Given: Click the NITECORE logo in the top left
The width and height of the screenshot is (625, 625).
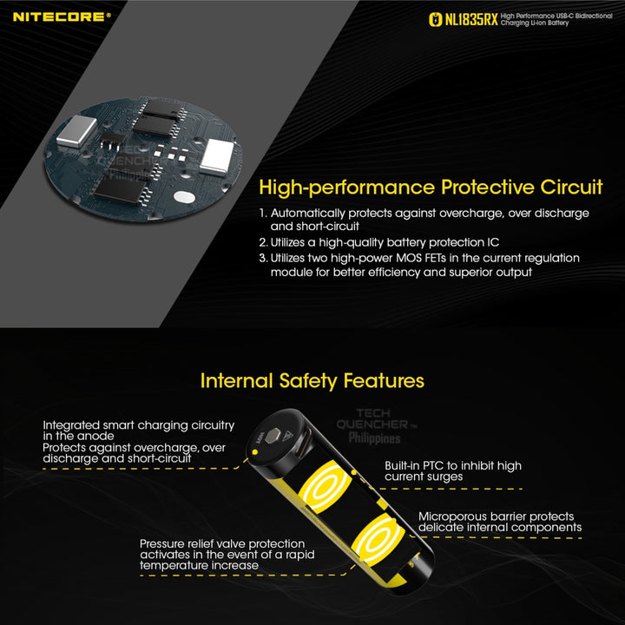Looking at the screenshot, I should (62, 16).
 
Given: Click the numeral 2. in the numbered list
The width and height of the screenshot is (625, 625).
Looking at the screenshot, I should (263, 241).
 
